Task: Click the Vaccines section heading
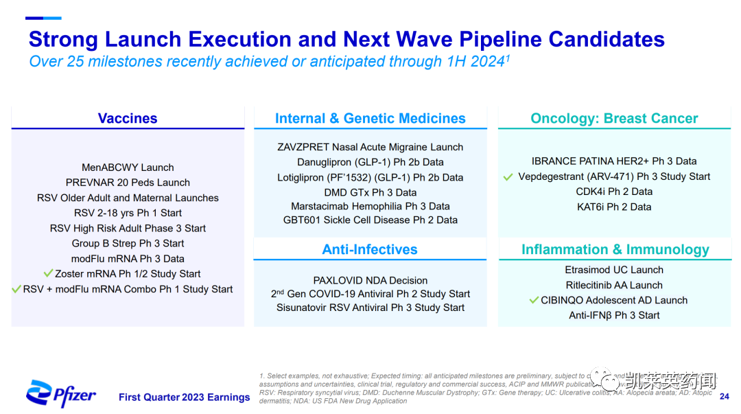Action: pyautogui.click(x=128, y=119)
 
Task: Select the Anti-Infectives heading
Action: pyautogui.click(x=370, y=249)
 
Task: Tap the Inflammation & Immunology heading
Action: pyautogui.click(x=615, y=249)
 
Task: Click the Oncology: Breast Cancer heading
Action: pyautogui.click(x=614, y=119)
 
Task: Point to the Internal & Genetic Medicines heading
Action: pyautogui.click(x=370, y=119)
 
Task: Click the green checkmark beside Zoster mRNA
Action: pyautogui.click(x=48, y=273)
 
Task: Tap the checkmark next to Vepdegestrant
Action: pyautogui.click(x=508, y=177)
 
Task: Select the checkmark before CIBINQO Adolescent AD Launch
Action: pyautogui.click(x=534, y=300)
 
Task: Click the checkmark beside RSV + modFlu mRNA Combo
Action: pyautogui.click(x=16, y=289)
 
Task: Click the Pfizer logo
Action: pyautogui.click(x=61, y=393)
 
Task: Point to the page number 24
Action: pyautogui.click(x=725, y=397)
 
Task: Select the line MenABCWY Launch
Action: pyautogui.click(x=128, y=168)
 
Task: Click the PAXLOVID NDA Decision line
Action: pyautogui.click(x=370, y=280)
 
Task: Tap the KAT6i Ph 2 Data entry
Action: pyautogui.click(x=614, y=207)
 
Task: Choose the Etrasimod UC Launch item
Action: pyautogui.click(x=614, y=270)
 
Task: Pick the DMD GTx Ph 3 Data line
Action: pyautogui.click(x=370, y=192)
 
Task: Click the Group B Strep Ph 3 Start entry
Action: pyautogui.click(x=128, y=243)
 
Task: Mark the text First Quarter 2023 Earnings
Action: pyautogui.click(x=184, y=397)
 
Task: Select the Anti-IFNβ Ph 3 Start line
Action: pyautogui.click(x=614, y=315)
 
